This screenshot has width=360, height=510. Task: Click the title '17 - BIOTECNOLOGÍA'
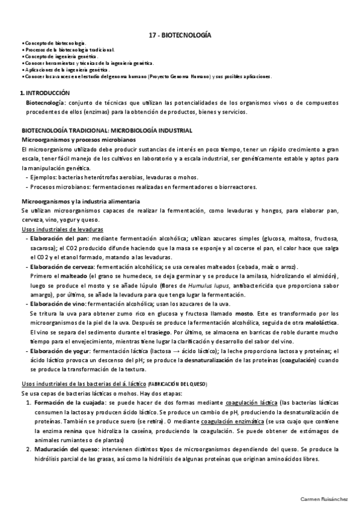pos(180,35)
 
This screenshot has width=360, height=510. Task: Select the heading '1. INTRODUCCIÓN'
pos(45,93)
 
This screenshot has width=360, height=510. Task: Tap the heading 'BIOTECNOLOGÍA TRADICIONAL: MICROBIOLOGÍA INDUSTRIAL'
pos(107,131)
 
